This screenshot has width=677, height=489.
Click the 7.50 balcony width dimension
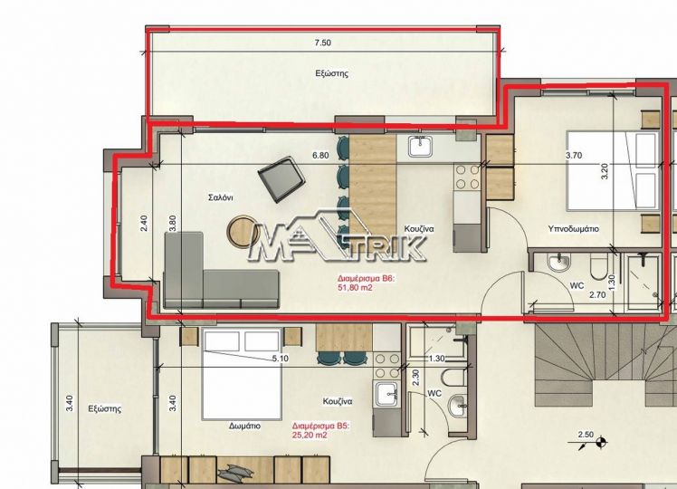coord(323,43)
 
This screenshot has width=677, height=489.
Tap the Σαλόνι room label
coord(221,197)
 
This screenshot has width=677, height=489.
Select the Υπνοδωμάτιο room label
coord(574,228)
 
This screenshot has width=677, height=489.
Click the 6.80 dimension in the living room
coord(320,155)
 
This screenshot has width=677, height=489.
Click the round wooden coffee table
coord(243,232)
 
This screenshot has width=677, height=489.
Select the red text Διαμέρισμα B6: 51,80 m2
coord(367,283)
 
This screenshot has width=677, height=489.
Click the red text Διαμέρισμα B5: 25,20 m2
coord(320,431)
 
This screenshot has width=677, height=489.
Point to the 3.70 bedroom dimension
coord(574,156)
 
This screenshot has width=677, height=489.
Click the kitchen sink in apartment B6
coord(420,147)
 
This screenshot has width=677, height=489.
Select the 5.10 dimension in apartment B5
coord(281,359)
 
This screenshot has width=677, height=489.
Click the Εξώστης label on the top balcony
coord(331,73)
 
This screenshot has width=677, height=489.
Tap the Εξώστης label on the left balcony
coord(105,408)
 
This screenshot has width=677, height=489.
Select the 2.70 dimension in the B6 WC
coord(597,295)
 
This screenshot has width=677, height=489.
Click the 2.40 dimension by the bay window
coord(144,224)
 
